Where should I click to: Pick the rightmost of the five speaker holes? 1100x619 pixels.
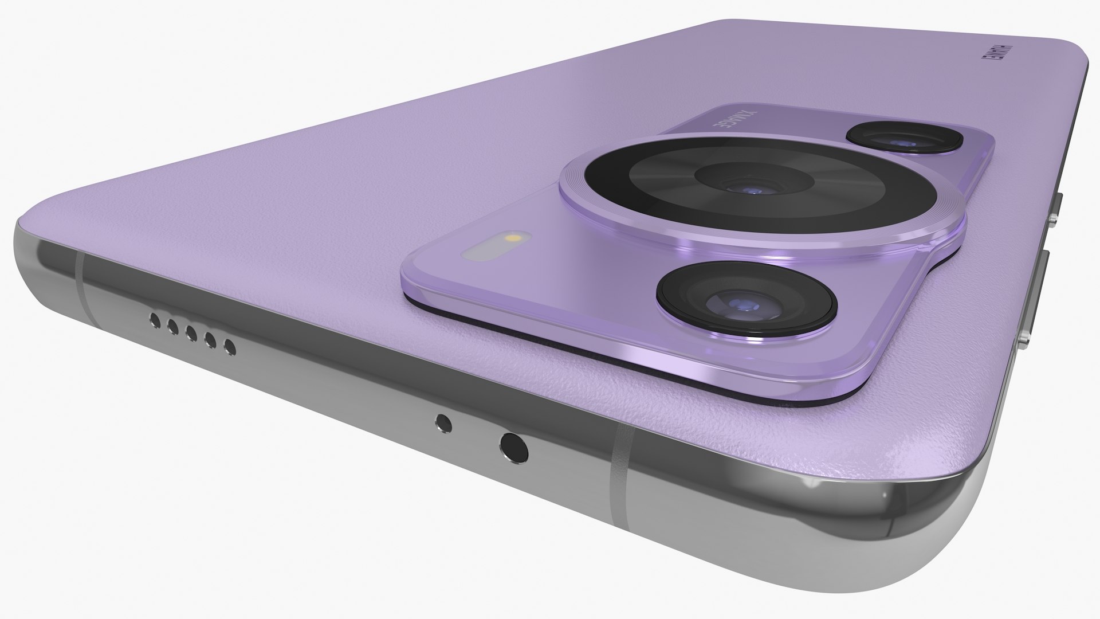point(230,346)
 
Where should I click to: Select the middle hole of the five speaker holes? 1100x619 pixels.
point(191,333)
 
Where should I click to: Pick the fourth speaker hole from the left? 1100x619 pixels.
point(210,340)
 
